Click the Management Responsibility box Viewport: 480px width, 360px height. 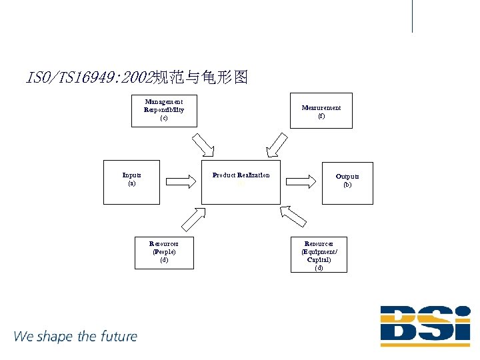pos(164,109)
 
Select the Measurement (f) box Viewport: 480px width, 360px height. pos(321,111)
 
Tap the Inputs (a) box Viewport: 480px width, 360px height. pos(131,181)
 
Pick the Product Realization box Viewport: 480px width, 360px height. pos(241,181)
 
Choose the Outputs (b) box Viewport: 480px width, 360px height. pos(347,183)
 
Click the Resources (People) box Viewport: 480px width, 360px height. pos(164,253)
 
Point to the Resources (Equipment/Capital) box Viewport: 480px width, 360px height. pos(319,255)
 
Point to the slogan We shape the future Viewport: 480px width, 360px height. pos(75,336)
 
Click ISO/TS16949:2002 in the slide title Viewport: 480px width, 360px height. pos(89,78)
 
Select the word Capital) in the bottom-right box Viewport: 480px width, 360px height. pos(319,260)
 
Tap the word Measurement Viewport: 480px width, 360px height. pos(321,107)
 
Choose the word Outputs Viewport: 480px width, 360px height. pos(347,177)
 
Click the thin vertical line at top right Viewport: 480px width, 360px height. pos(413,16)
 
